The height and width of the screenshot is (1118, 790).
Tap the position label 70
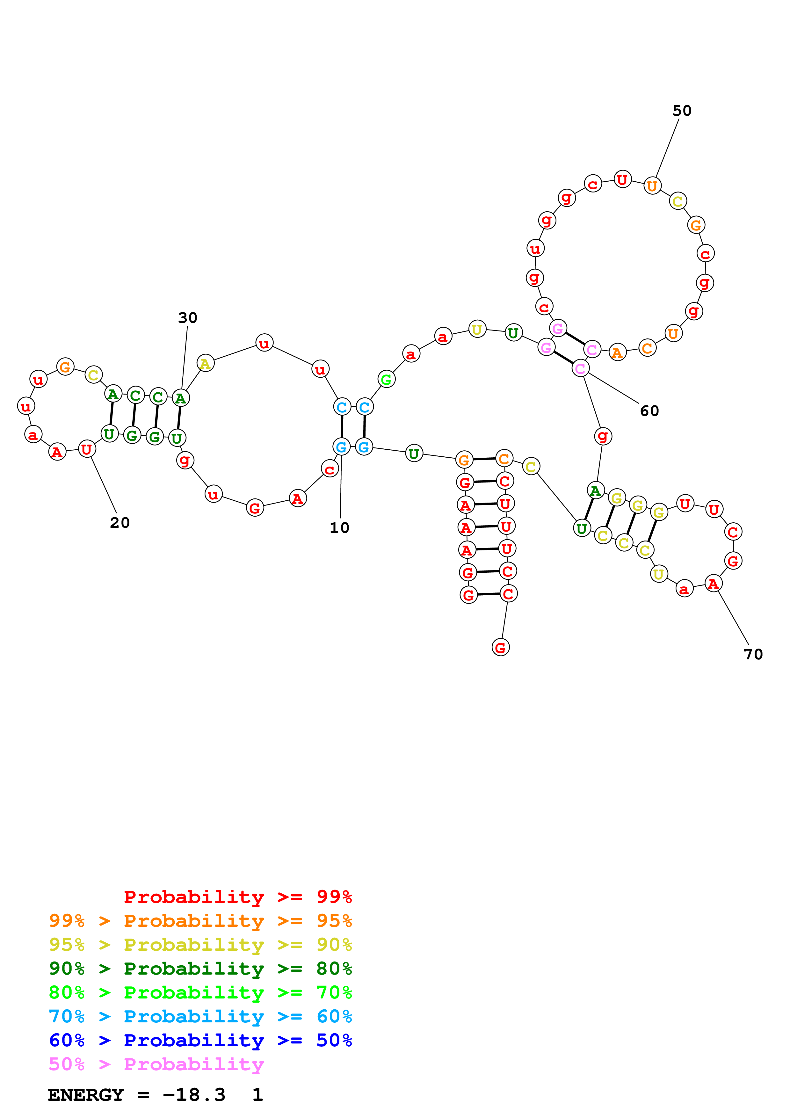753,654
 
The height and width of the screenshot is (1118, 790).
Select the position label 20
120,522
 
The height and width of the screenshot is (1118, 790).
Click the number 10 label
339,528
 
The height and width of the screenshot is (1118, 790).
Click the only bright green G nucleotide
386,379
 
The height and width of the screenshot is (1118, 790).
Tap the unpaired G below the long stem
500,648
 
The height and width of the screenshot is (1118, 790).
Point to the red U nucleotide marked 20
87,449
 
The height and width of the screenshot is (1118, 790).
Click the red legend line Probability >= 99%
237,897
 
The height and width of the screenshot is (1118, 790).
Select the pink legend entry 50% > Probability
156,1064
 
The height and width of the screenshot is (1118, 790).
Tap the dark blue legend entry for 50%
200,1041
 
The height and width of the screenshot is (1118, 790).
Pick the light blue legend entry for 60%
200,1017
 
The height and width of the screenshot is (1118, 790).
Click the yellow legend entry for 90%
200,945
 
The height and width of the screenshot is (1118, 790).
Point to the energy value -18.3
194,1095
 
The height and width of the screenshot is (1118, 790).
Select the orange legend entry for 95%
200,921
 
